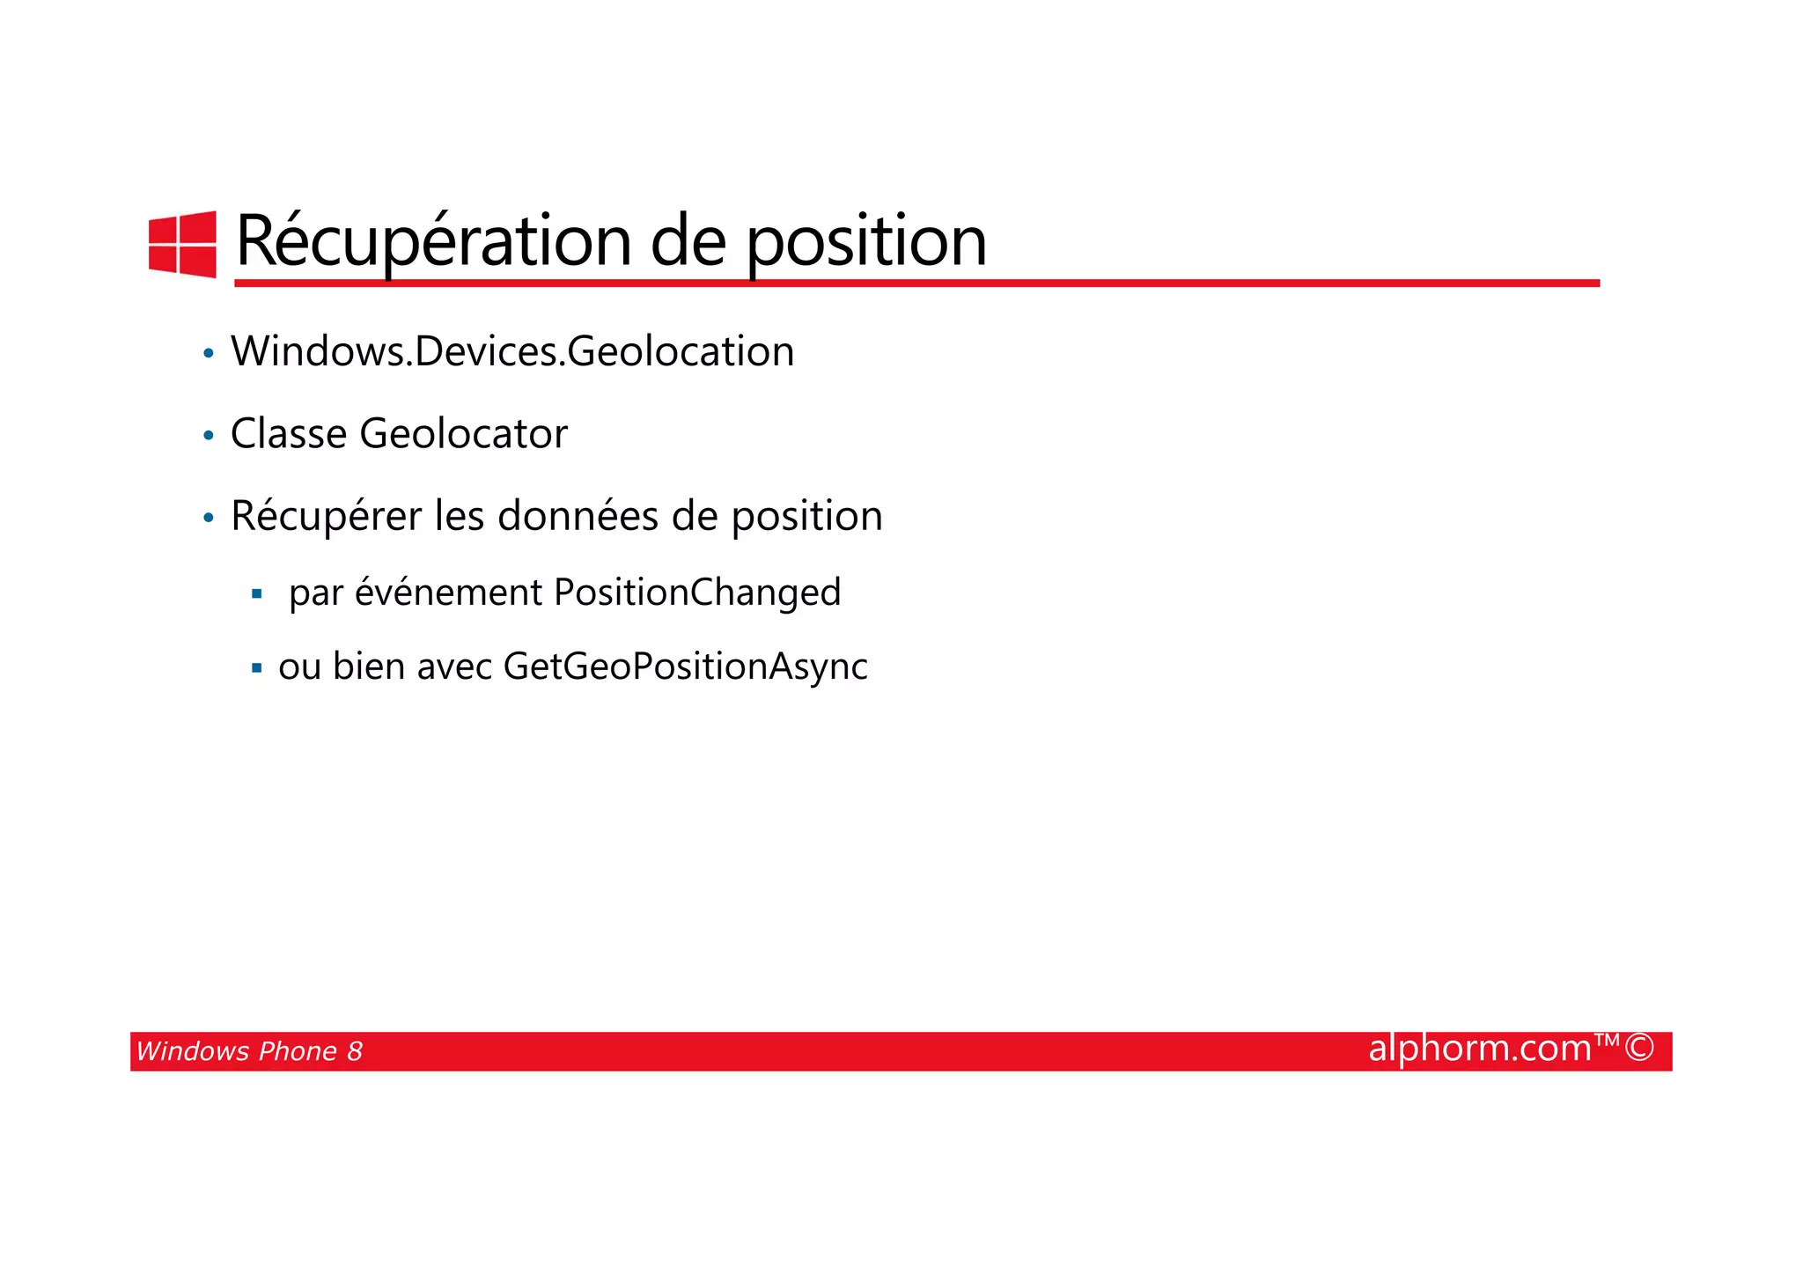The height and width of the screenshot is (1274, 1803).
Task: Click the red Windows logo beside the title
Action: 182,244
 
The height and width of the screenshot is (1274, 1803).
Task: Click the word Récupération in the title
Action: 433,240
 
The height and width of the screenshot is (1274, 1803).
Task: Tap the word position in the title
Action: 866,242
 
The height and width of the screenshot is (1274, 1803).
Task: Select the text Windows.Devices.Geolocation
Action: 512,352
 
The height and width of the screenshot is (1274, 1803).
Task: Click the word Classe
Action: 288,434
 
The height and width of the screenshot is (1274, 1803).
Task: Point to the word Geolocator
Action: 463,434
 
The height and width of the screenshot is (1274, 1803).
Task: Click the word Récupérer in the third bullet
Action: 326,516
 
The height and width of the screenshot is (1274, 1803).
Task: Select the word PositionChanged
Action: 697,593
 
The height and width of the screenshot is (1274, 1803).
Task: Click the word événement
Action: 448,593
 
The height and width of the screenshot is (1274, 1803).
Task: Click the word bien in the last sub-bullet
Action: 368,666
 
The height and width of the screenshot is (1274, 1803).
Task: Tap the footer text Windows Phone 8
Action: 249,1051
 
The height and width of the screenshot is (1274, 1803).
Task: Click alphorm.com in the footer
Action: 1480,1049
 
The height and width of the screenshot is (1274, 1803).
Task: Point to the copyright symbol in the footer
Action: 1639,1049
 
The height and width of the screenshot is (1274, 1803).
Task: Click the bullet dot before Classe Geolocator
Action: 209,436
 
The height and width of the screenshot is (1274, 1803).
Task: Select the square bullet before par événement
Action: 257,594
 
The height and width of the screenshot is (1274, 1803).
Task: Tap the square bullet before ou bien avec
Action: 257,668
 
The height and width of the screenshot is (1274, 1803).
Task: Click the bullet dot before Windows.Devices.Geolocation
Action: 209,354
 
